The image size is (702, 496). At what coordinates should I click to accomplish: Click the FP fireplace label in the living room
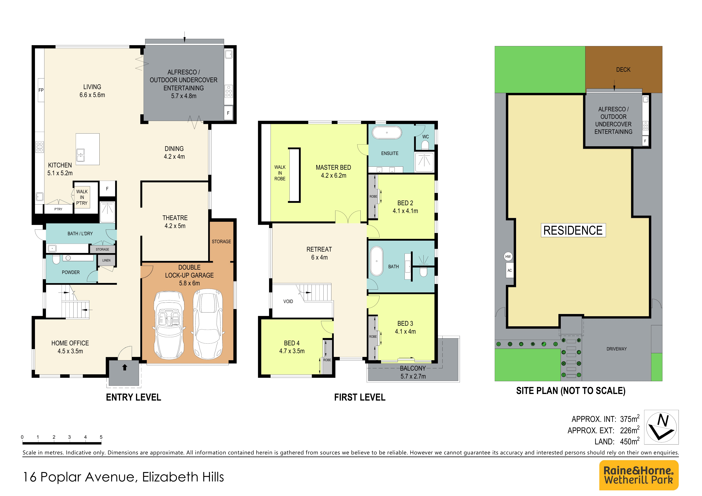[41, 90]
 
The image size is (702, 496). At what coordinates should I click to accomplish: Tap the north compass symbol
[661, 427]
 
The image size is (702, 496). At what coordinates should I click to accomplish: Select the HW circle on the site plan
[508, 256]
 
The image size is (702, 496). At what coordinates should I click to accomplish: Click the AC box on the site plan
[510, 270]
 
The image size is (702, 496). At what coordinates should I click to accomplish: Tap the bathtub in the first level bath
[377, 261]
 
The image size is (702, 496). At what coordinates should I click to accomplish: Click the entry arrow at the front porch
[124, 367]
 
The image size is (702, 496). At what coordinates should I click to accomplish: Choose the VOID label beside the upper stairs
[288, 301]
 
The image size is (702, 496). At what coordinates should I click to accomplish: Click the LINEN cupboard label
[106, 260]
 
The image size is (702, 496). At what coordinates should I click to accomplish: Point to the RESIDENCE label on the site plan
[573, 230]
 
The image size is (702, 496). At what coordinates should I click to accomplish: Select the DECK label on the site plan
[623, 70]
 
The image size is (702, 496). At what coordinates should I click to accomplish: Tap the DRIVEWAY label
[616, 349]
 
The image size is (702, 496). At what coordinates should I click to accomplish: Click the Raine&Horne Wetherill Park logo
[639, 475]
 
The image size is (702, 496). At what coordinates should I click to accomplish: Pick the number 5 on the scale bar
[101, 437]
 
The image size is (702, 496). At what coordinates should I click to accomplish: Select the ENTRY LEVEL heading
[133, 397]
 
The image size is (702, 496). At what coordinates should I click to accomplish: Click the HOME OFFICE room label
[70, 343]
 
